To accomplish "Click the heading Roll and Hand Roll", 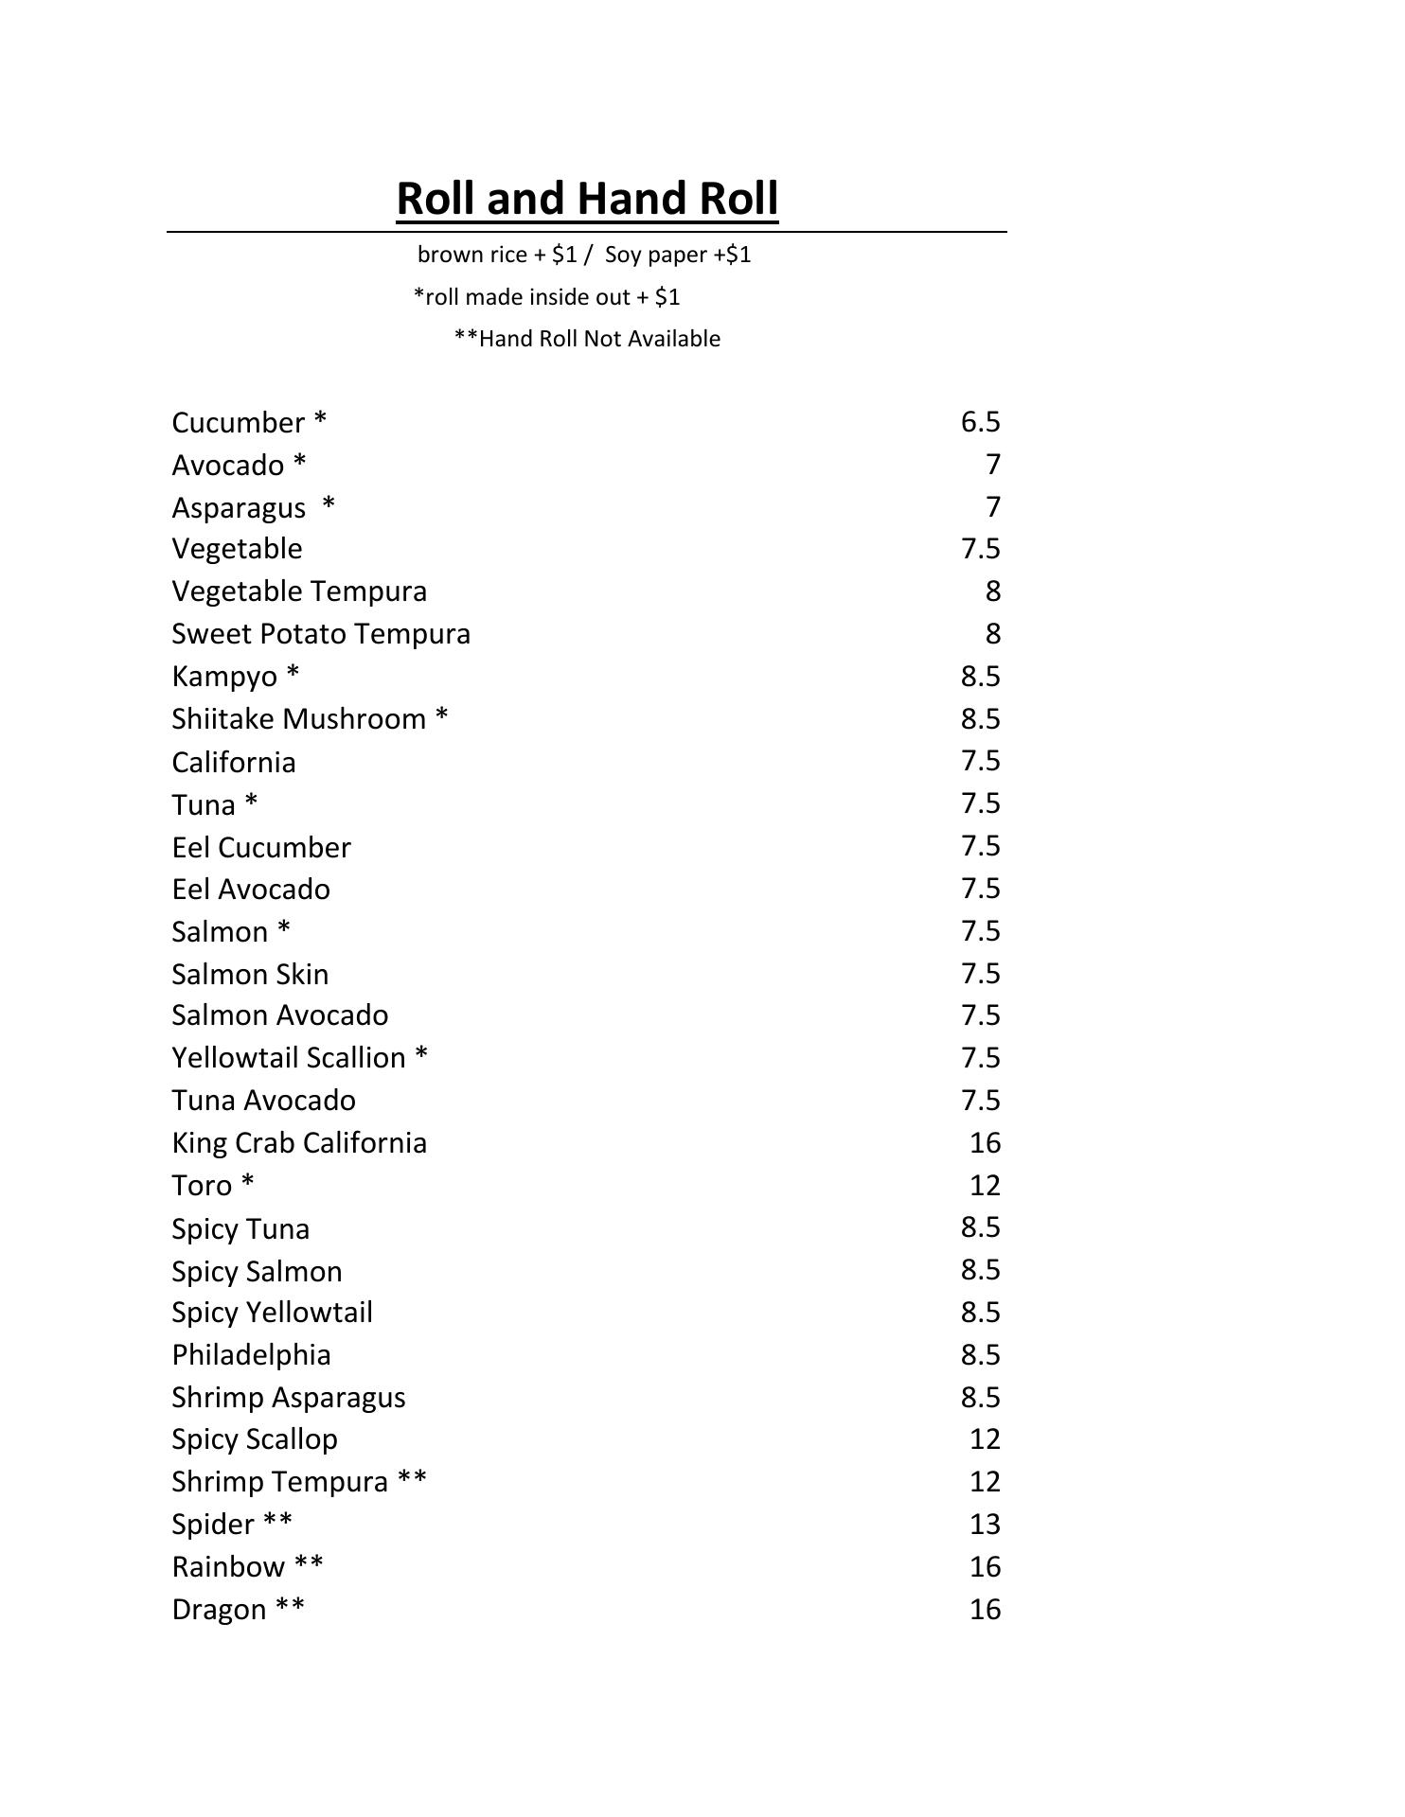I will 587,199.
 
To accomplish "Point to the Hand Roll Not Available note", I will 587,339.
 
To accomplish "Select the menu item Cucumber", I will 239,422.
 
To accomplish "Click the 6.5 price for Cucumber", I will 980,422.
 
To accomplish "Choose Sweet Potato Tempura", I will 321,634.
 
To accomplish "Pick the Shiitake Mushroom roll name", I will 299,719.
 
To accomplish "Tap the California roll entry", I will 234,763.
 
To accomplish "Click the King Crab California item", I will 299,1143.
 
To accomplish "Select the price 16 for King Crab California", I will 985,1143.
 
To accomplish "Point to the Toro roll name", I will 203,1186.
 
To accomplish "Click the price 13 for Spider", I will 985,1525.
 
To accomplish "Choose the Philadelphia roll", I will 252,1355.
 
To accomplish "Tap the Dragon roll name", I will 220,1610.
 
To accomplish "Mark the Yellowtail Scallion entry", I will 289,1058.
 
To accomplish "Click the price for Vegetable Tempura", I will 992,591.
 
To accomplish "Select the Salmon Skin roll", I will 250,975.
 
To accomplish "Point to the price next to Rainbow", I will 985,1567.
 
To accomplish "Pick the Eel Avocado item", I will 251,890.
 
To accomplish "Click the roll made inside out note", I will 547,297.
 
